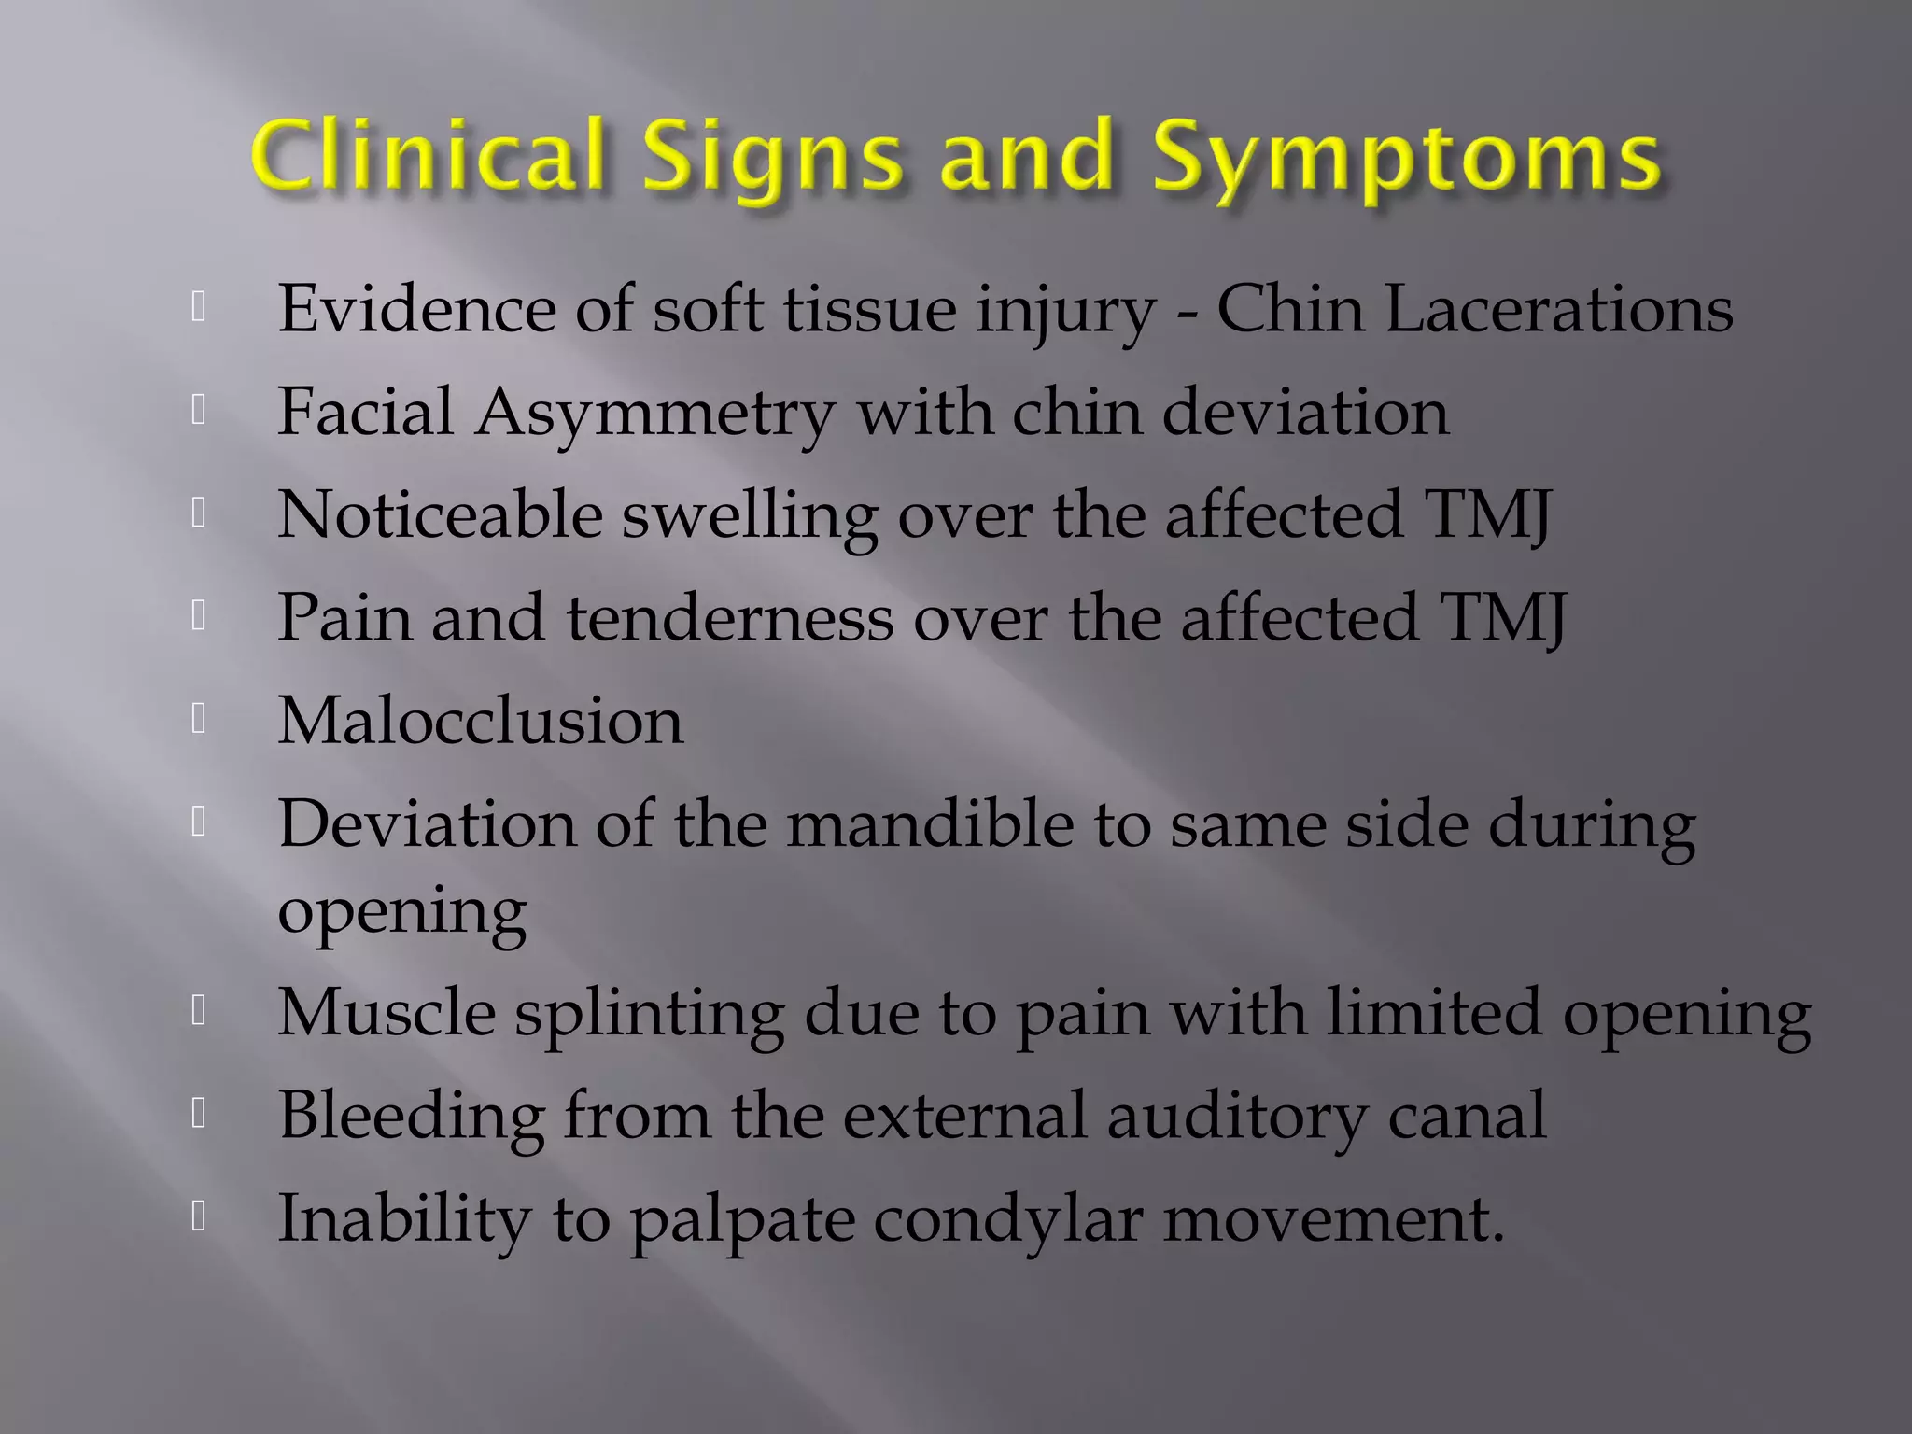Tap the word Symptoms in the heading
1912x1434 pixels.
pos(1406,159)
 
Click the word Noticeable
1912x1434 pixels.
pos(440,514)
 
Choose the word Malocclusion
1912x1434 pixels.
pos(481,721)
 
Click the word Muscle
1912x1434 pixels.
pos(387,1012)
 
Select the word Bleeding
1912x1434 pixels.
pos(412,1117)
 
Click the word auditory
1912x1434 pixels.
pos(1237,1117)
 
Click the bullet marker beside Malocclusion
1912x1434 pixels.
pos(198,719)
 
